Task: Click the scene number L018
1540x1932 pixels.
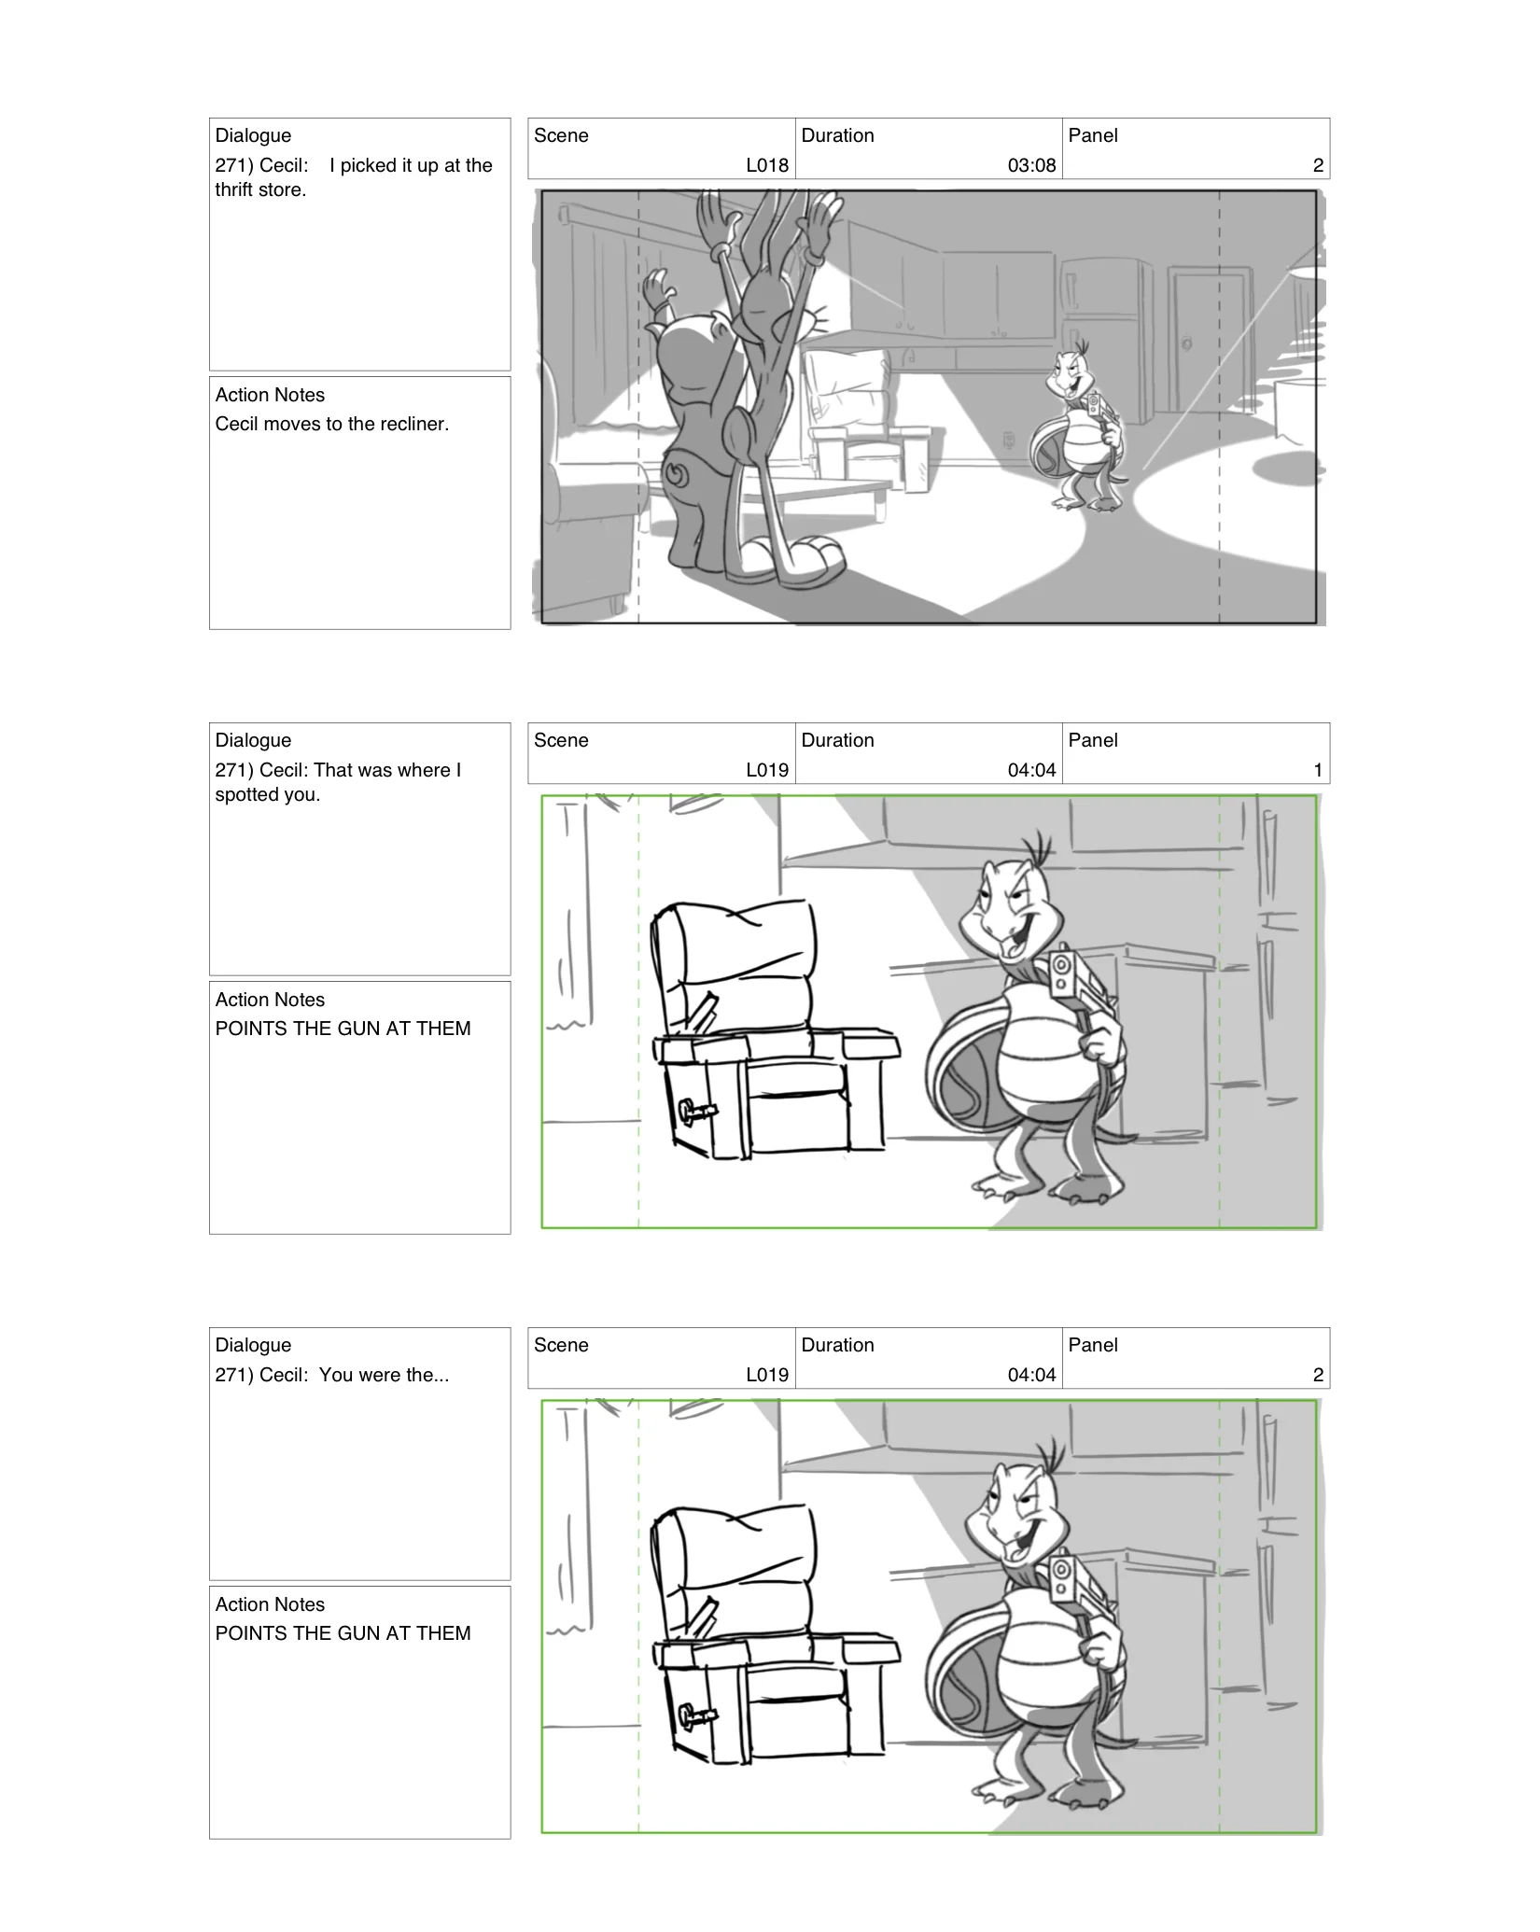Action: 766,165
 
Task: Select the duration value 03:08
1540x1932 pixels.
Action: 1031,165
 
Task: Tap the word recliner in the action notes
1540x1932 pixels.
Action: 413,424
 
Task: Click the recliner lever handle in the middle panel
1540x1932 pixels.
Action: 697,1112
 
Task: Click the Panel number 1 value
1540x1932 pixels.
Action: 1317,770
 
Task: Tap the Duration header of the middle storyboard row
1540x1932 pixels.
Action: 837,740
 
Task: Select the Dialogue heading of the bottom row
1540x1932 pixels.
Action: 253,1345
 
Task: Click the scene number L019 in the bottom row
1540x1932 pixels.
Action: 766,1375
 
